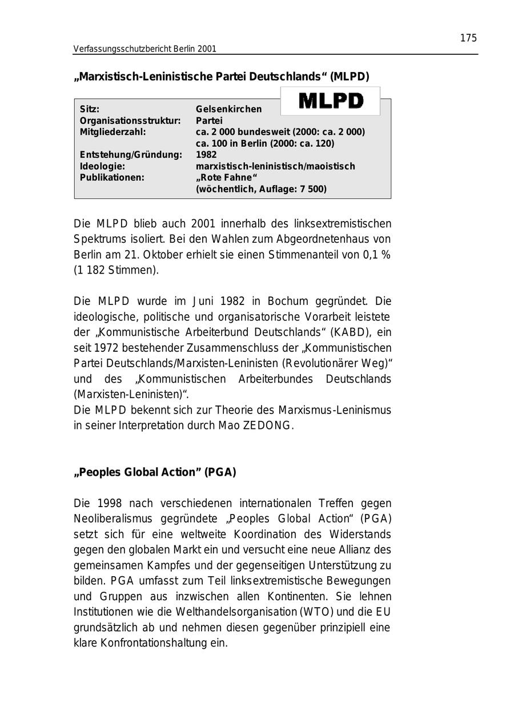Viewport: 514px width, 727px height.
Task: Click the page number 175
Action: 468,38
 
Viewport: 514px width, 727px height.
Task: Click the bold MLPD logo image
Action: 331,101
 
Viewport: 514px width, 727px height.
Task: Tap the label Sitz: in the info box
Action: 90,109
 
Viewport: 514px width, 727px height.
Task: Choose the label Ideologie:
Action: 102,166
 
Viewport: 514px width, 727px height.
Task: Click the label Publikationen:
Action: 112,178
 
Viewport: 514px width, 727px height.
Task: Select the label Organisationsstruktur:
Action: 130,121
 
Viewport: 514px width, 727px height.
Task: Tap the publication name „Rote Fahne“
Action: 227,178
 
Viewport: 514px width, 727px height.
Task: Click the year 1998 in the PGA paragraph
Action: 110,503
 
